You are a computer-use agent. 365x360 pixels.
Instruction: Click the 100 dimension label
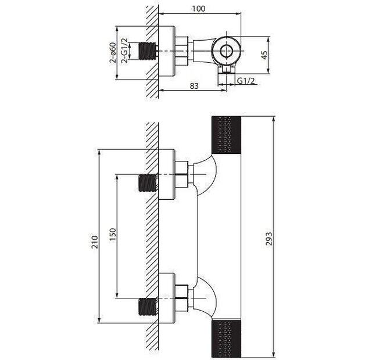click(199, 9)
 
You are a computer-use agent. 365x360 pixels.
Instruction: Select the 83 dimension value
click(194, 86)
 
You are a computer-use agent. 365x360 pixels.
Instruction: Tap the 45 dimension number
click(264, 55)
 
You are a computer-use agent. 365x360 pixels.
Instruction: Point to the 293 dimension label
click(269, 239)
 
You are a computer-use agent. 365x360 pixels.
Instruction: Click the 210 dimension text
click(95, 242)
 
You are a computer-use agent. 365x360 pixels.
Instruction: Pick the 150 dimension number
click(112, 235)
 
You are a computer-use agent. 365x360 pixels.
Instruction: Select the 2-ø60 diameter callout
click(113, 53)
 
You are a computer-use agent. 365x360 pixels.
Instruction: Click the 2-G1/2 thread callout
click(124, 51)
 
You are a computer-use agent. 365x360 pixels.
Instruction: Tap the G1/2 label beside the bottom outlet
click(246, 81)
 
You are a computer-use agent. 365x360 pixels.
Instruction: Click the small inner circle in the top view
click(226, 51)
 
